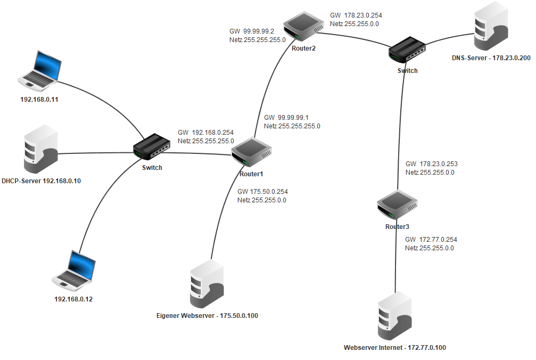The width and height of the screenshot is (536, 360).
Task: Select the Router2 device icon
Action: [x=303, y=28]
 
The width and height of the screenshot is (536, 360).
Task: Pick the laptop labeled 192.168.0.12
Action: [x=74, y=269]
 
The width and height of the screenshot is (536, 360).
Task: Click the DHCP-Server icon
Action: [x=40, y=151]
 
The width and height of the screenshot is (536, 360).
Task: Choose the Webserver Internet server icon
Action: [x=394, y=316]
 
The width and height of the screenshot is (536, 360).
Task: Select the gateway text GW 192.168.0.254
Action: [x=205, y=133]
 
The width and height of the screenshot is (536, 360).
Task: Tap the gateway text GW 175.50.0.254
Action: [x=262, y=192]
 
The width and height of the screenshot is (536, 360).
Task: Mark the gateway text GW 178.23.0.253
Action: [x=431, y=164]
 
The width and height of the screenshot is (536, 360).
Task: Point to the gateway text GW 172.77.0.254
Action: [x=431, y=240]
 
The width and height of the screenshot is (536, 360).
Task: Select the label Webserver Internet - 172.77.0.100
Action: [x=394, y=348]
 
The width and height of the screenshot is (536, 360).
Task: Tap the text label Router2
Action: [x=303, y=48]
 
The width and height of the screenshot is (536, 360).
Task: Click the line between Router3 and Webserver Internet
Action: [x=395, y=261]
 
